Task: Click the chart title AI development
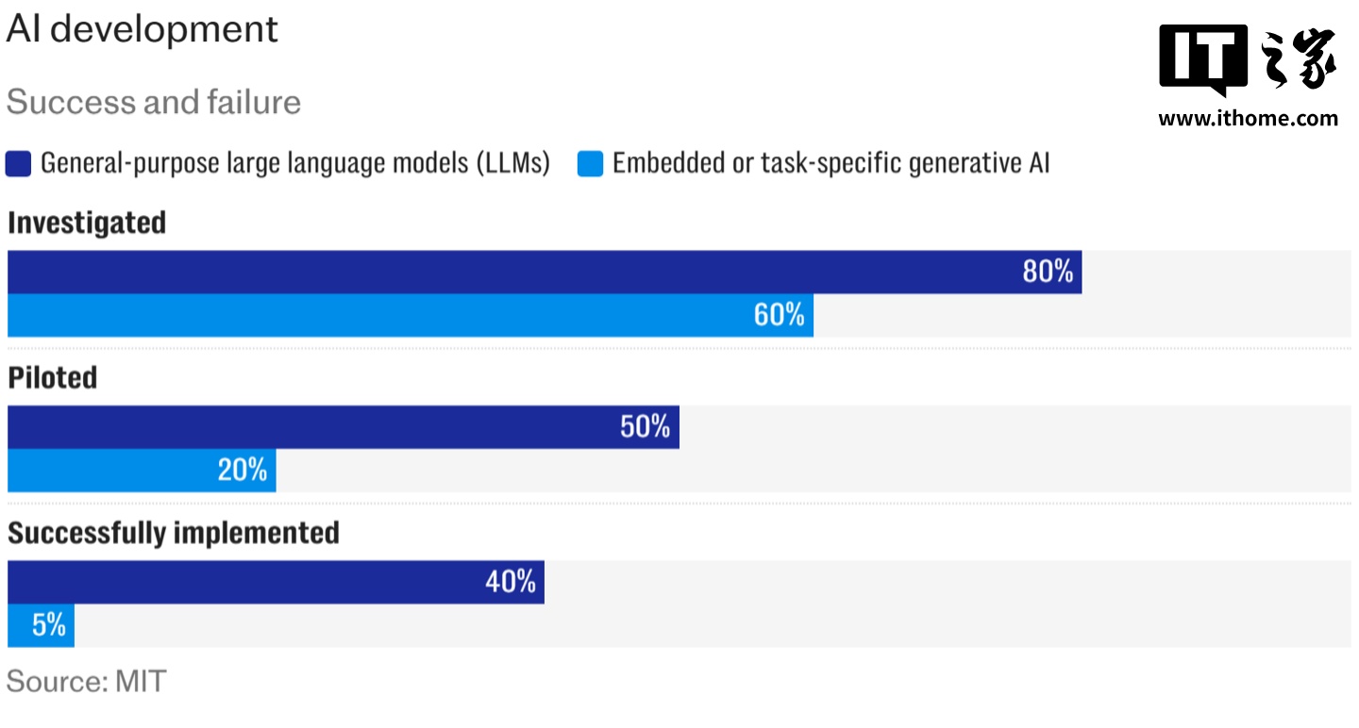[143, 29]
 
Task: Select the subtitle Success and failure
[154, 102]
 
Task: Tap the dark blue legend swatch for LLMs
[20, 164]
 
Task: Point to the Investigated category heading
[87, 223]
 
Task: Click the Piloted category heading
[53, 378]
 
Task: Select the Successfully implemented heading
[174, 533]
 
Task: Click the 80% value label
[1048, 272]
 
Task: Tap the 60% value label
[779, 315]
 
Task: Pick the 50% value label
[645, 426]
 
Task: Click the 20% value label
[243, 470]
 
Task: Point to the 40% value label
[511, 582]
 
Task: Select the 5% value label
[48, 624]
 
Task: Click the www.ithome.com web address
[1248, 118]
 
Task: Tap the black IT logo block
[1203, 59]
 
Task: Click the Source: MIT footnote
[86, 681]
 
